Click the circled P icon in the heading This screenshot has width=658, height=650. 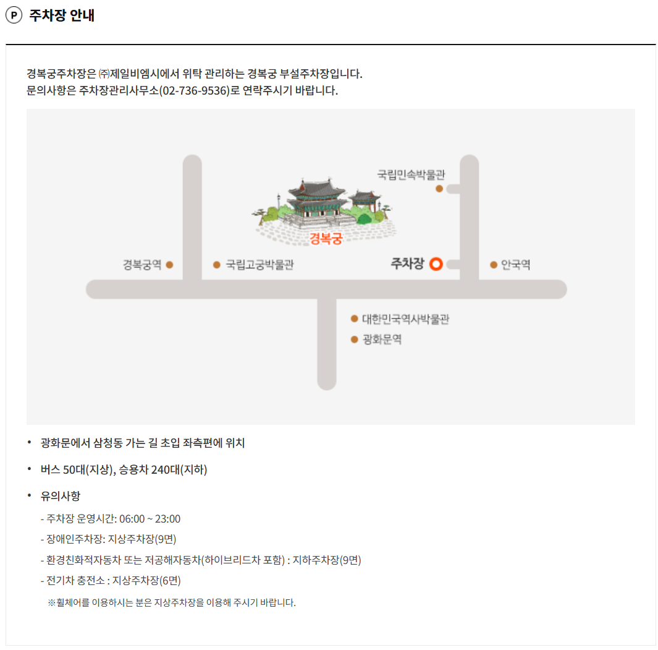click(x=14, y=16)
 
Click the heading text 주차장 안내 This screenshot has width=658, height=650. click(x=62, y=16)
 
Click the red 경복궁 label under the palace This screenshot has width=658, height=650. click(x=326, y=239)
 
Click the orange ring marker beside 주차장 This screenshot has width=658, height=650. click(x=436, y=264)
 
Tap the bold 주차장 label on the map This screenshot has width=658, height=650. click(x=407, y=264)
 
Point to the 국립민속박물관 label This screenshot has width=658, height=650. click(x=411, y=174)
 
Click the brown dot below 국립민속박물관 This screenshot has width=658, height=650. click(x=439, y=189)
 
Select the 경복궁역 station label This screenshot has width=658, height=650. click(x=142, y=265)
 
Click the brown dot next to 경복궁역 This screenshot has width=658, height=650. click(x=169, y=265)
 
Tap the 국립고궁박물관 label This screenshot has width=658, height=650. click(x=259, y=265)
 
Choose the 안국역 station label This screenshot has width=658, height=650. click(x=515, y=265)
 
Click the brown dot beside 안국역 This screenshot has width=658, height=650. click(x=494, y=265)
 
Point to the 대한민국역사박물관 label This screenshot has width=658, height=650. click(x=405, y=319)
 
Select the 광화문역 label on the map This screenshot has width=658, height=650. click(x=382, y=340)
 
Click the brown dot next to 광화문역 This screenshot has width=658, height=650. click(x=354, y=340)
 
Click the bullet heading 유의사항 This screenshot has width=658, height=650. click(x=61, y=496)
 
